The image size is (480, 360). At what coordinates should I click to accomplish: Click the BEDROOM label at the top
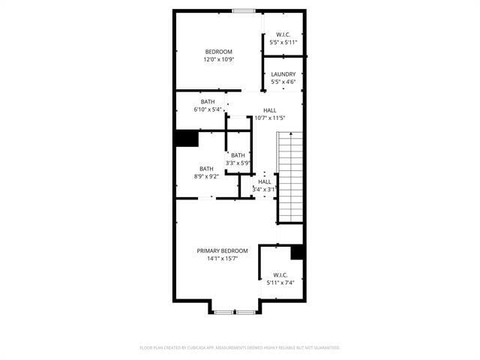click(218, 52)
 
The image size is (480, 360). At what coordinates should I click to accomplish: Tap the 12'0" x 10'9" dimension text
click(218, 59)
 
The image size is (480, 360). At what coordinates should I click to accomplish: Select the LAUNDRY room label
click(283, 74)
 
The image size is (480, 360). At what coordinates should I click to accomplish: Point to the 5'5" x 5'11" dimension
click(283, 43)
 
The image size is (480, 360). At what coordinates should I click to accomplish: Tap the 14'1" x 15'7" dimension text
click(218, 258)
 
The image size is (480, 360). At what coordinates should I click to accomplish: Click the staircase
click(289, 177)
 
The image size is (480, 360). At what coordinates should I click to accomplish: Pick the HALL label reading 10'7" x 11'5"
click(270, 110)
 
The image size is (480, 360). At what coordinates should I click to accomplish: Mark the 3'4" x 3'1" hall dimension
click(265, 189)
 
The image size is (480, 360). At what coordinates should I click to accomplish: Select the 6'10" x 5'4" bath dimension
click(208, 109)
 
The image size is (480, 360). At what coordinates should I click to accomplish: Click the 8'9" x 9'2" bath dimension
click(206, 176)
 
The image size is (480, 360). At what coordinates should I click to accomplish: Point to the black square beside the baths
click(186, 139)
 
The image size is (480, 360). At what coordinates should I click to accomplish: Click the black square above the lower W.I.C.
click(297, 252)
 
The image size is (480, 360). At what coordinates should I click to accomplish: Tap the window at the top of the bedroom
click(243, 10)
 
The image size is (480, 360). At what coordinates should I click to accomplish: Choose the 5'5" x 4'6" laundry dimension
click(283, 82)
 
